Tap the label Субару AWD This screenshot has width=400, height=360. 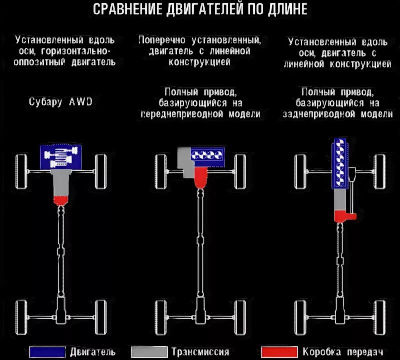60,102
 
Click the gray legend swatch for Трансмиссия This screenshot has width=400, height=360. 148,351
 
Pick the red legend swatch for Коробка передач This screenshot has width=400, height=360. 277,351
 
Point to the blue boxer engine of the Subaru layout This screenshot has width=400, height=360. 60,156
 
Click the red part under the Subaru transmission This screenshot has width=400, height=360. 60,200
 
